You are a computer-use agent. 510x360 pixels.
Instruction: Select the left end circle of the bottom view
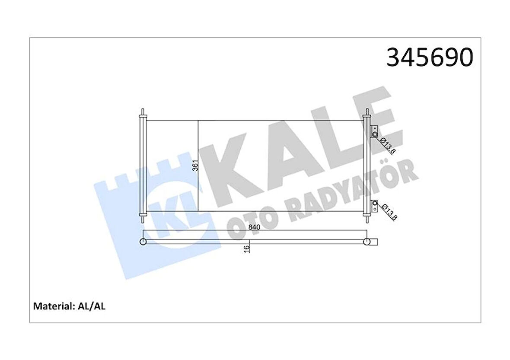coord(143,242)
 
